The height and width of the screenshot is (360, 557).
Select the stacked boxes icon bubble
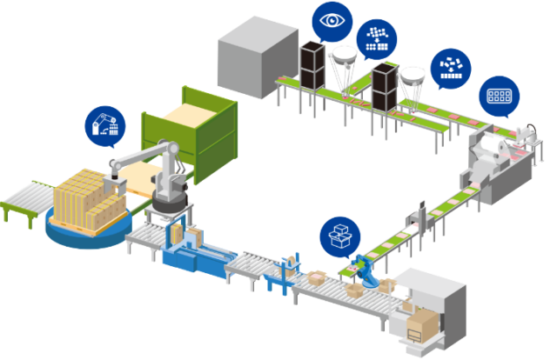click(x=339, y=236)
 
